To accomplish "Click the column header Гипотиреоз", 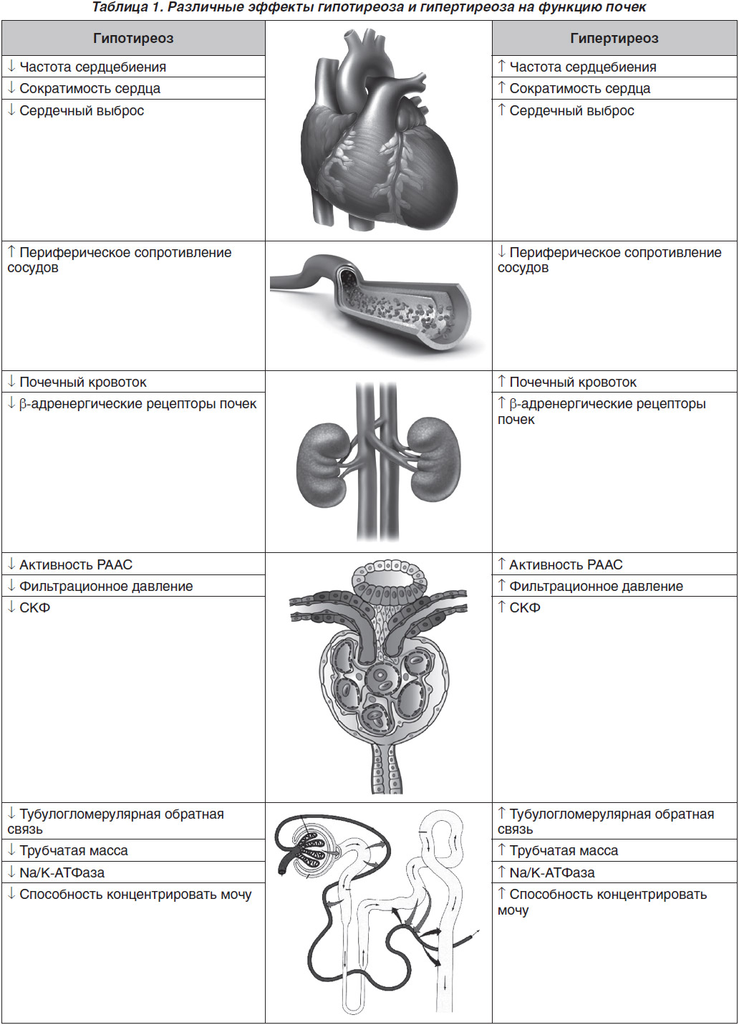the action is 133,39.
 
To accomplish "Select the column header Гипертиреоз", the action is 614,39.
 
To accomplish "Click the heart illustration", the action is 380,130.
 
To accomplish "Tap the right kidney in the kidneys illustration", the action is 434,459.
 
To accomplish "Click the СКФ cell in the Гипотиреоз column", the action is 29,607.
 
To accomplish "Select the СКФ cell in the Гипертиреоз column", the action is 519,607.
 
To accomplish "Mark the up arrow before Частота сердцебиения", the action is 501,67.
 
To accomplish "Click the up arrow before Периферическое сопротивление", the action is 11,251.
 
